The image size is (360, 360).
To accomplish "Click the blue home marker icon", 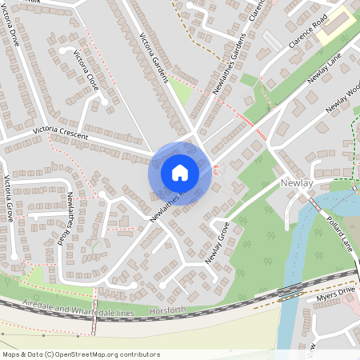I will (180, 173).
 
